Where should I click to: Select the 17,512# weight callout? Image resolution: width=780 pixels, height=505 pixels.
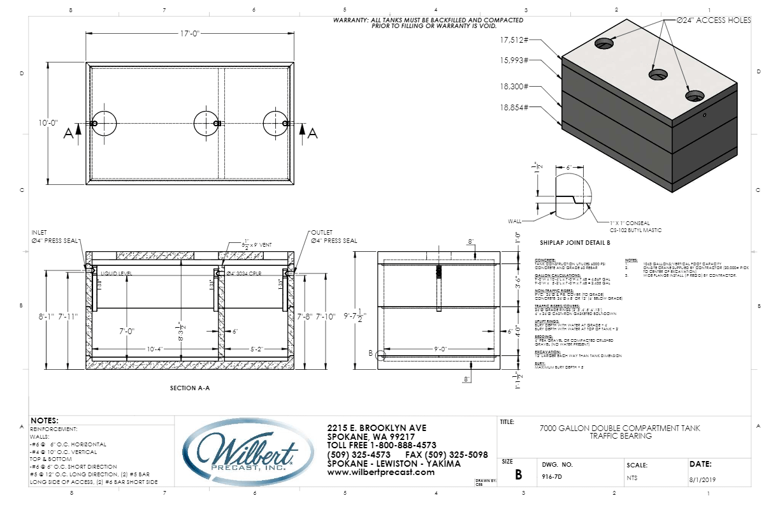pos(515,40)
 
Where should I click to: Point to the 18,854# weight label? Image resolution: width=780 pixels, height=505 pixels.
pos(515,108)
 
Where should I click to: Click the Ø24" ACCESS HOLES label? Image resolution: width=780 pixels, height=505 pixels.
pos(716,20)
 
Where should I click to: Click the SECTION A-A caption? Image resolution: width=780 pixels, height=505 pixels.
pos(190,387)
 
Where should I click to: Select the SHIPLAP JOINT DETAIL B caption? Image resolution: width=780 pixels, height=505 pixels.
pos(575,243)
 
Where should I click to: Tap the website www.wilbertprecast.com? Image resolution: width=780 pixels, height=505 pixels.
pos(375,472)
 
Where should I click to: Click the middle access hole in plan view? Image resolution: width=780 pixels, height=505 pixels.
pos(206,123)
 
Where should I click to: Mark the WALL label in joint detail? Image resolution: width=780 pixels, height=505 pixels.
pos(514,221)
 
